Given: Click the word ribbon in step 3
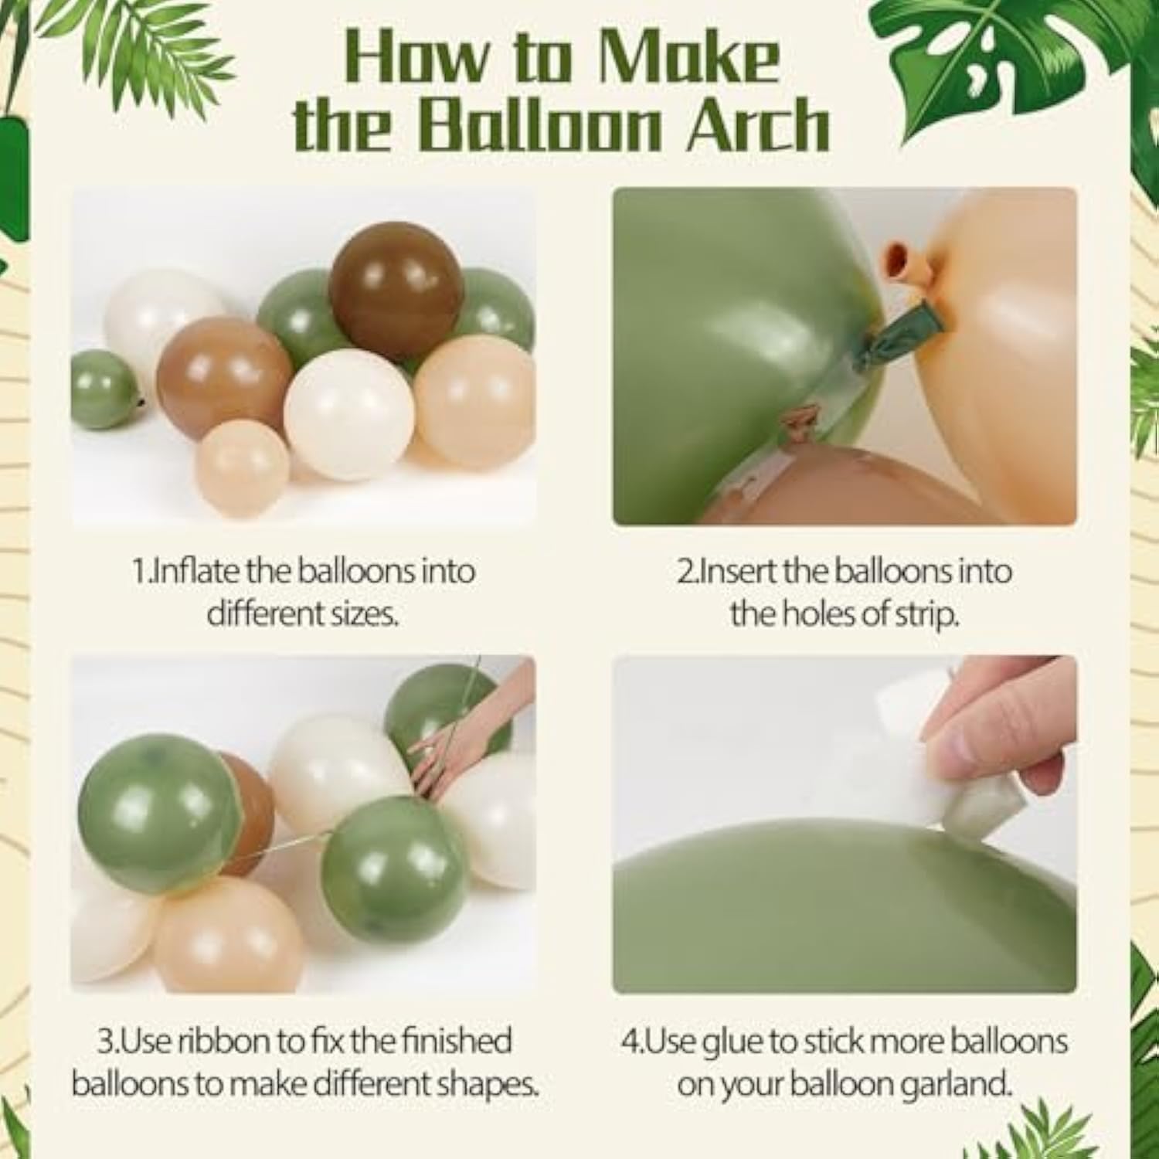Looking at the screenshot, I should tap(221, 1041).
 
